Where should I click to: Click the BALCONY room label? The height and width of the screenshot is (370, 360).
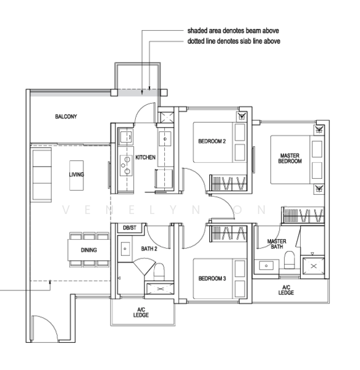(66, 117)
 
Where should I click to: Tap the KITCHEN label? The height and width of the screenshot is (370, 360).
(145, 157)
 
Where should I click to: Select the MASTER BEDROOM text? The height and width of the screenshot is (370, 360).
(290, 158)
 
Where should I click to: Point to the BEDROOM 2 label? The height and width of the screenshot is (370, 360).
(212, 141)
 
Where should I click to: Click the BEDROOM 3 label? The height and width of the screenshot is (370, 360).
(212, 279)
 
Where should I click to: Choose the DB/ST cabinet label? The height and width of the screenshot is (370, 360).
(130, 228)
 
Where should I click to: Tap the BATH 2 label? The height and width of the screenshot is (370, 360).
(149, 249)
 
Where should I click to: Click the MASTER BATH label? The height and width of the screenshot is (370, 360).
(277, 244)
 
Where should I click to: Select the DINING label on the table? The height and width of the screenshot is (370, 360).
(89, 250)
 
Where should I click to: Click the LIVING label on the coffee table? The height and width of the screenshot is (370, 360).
(77, 175)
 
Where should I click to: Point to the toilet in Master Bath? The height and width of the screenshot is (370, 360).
(290, 260)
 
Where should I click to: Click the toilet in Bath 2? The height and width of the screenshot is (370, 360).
(159, 271)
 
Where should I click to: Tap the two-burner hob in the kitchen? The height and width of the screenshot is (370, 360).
(126, 165)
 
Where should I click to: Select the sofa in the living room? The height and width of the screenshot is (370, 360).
(42, 175)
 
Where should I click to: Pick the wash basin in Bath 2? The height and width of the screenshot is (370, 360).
(125, 249)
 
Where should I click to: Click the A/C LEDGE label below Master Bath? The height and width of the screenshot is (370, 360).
(286, 290)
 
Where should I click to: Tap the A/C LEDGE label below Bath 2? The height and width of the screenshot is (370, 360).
(141, 313)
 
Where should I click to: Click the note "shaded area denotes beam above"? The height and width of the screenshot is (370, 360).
(233, 31)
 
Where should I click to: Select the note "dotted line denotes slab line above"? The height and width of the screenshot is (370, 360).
(234, 41)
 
